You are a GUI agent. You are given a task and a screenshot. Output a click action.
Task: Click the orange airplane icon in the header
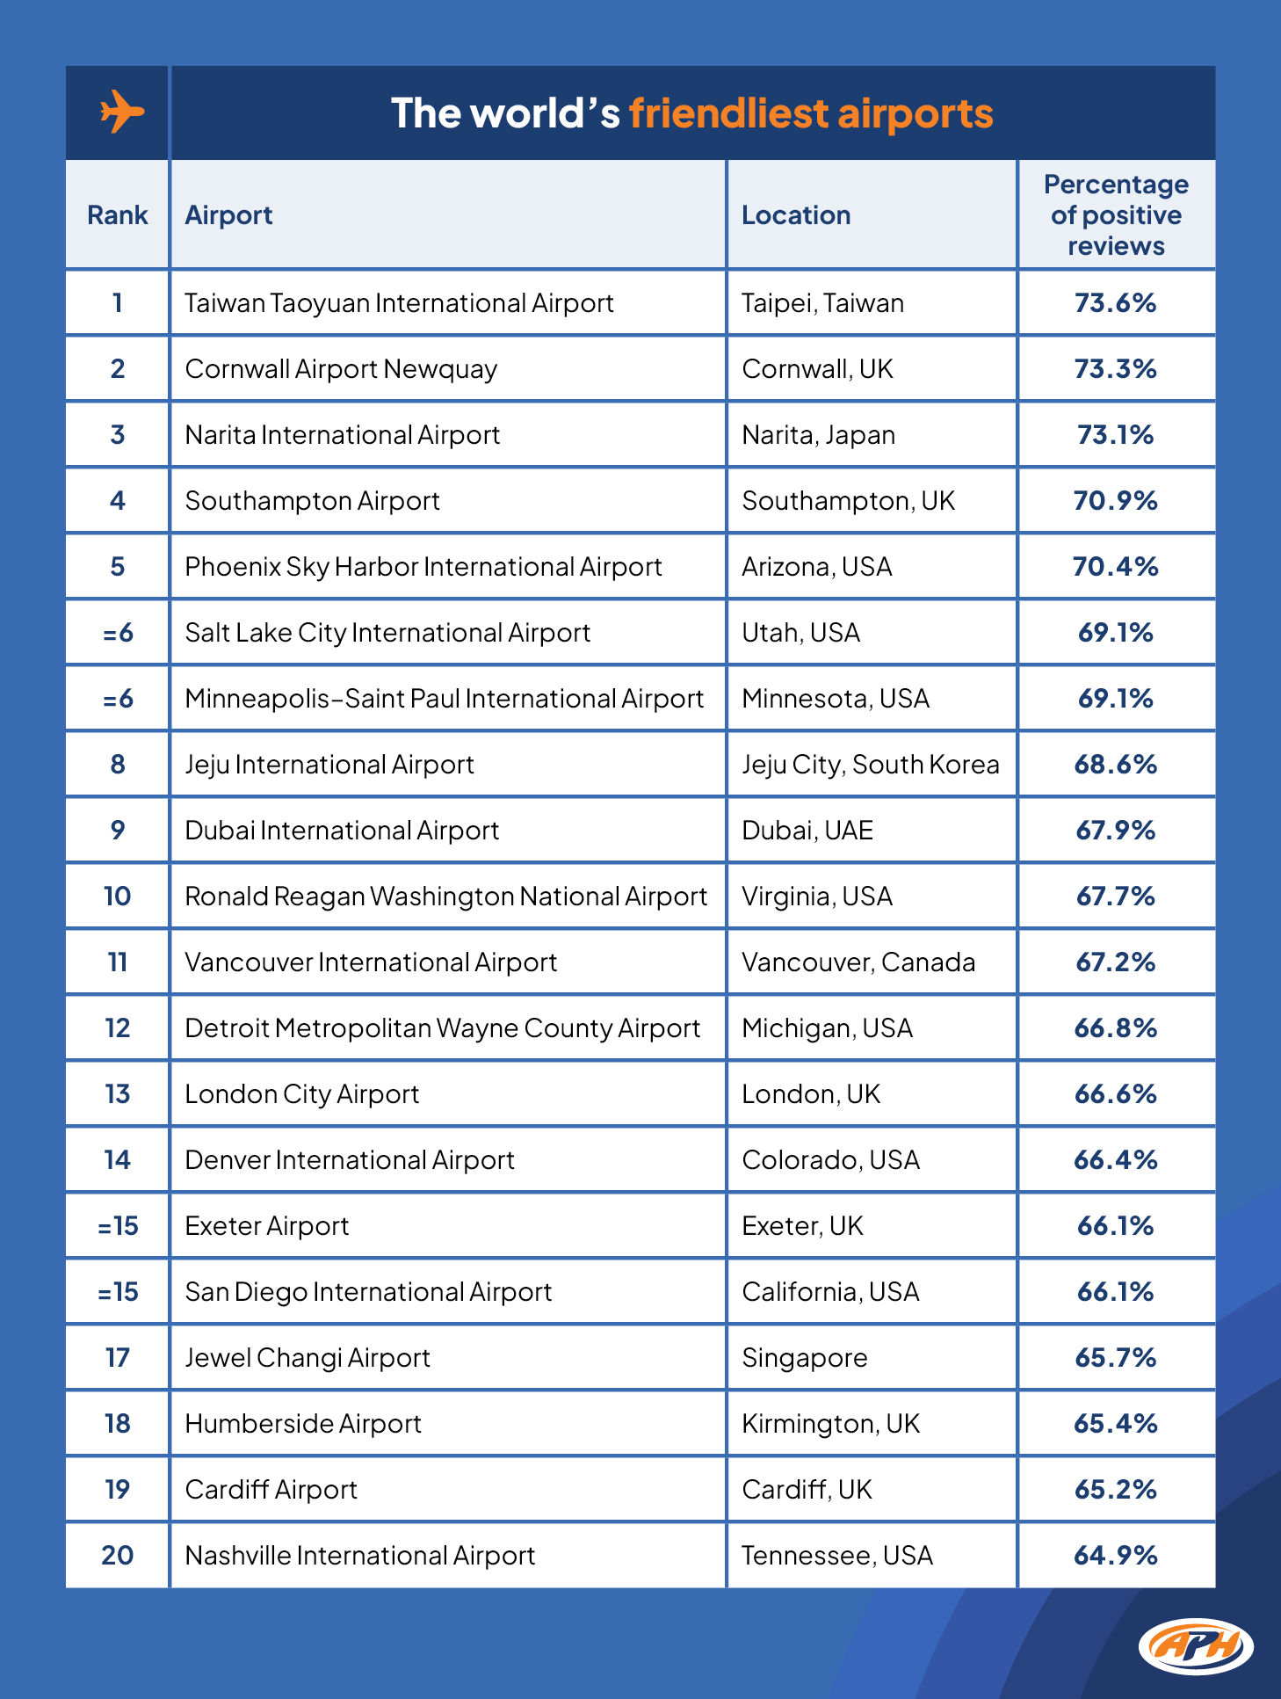point(120,112)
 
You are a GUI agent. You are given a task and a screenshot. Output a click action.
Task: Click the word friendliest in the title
point(728,113)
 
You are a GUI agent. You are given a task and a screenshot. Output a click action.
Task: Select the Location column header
point(796,215)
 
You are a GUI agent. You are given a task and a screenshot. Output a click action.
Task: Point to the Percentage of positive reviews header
point(1116,215)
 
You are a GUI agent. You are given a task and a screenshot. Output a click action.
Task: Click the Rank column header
point(118,215)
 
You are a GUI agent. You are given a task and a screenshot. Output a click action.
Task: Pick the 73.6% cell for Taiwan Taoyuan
point(1115,303)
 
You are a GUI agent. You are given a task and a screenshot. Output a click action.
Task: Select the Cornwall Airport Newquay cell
point(341,369)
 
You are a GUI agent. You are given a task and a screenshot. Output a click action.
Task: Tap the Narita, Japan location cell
point(818,435)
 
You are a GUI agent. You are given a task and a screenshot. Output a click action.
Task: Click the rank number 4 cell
point(118,501)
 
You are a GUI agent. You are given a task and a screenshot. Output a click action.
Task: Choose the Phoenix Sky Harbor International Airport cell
point(423,567)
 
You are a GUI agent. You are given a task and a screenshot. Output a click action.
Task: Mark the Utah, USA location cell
point(800,633)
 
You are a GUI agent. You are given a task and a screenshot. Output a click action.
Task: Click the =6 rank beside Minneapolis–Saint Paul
point(118,699)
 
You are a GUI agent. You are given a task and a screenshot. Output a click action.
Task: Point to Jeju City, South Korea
point(870,765)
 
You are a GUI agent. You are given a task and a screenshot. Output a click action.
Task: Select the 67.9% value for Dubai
point(1115,831)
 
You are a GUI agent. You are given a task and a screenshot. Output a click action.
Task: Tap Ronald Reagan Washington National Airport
point(445,897)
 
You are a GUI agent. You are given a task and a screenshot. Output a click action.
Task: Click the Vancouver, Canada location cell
point(858,962)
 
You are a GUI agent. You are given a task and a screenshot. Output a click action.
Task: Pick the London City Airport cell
point(301,1094)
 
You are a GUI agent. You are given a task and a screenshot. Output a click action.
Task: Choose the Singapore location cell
point(804,1358)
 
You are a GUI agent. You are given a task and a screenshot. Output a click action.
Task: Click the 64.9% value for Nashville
point(1115,1556)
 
